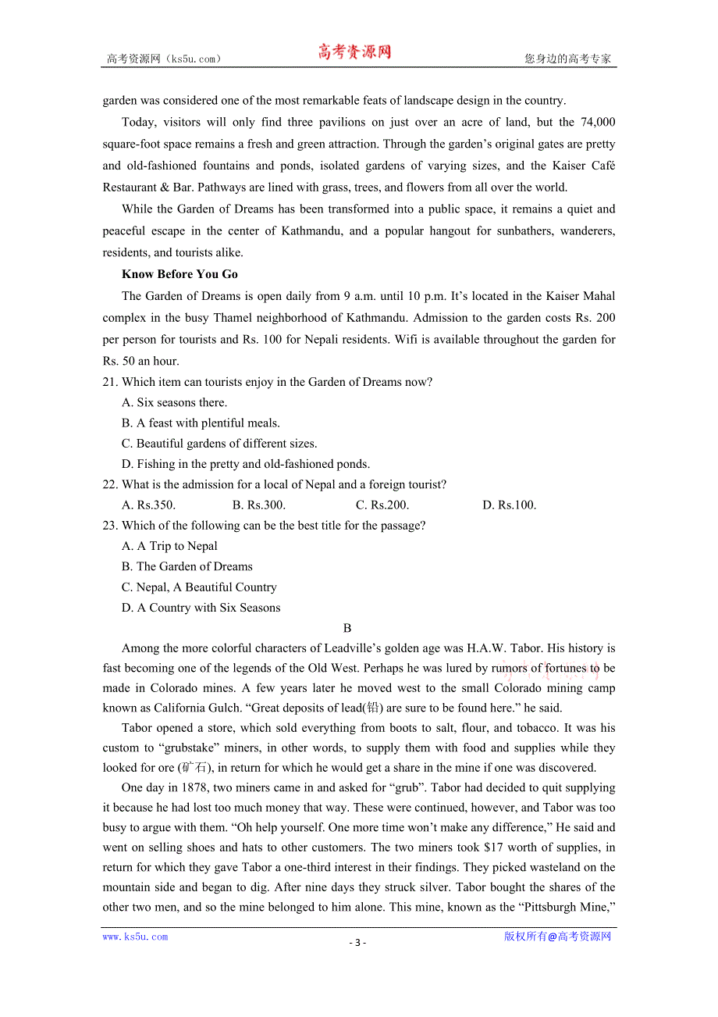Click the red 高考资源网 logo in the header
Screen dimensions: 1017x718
click(x=354, y=52)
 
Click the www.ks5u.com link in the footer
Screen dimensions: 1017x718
click(x=135, y=937)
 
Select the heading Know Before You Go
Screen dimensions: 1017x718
click(x=179, y=274)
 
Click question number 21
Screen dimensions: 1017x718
click(x=110, y=382)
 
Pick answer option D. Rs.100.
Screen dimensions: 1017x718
click(x=510, y=505)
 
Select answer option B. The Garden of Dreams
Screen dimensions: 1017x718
click(x=187, y=567)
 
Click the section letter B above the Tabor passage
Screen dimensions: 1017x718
click(x=347, y=628)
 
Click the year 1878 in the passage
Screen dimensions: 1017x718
click(x=194, y=788)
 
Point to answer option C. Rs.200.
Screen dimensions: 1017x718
click(x=382, y=505)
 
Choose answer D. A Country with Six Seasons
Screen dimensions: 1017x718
click(x=201, y=608)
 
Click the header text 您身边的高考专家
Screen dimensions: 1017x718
click(x=568, y=59)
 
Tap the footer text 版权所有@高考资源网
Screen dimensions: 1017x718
click(x=557, y=937)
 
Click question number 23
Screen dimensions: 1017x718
click(x=110, y=526)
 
